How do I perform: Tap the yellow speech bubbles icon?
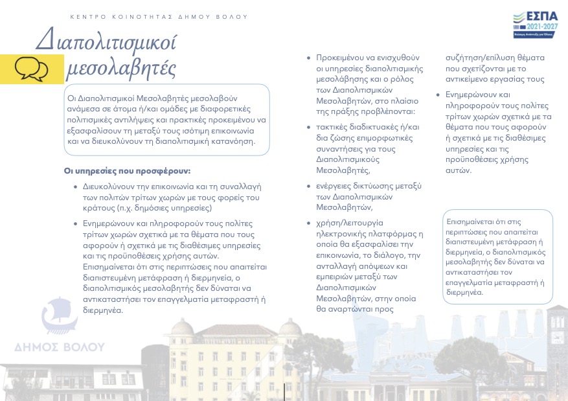(31, 67)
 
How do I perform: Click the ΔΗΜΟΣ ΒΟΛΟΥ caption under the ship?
(60, 347)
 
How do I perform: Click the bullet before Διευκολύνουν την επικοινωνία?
(77, 187)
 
